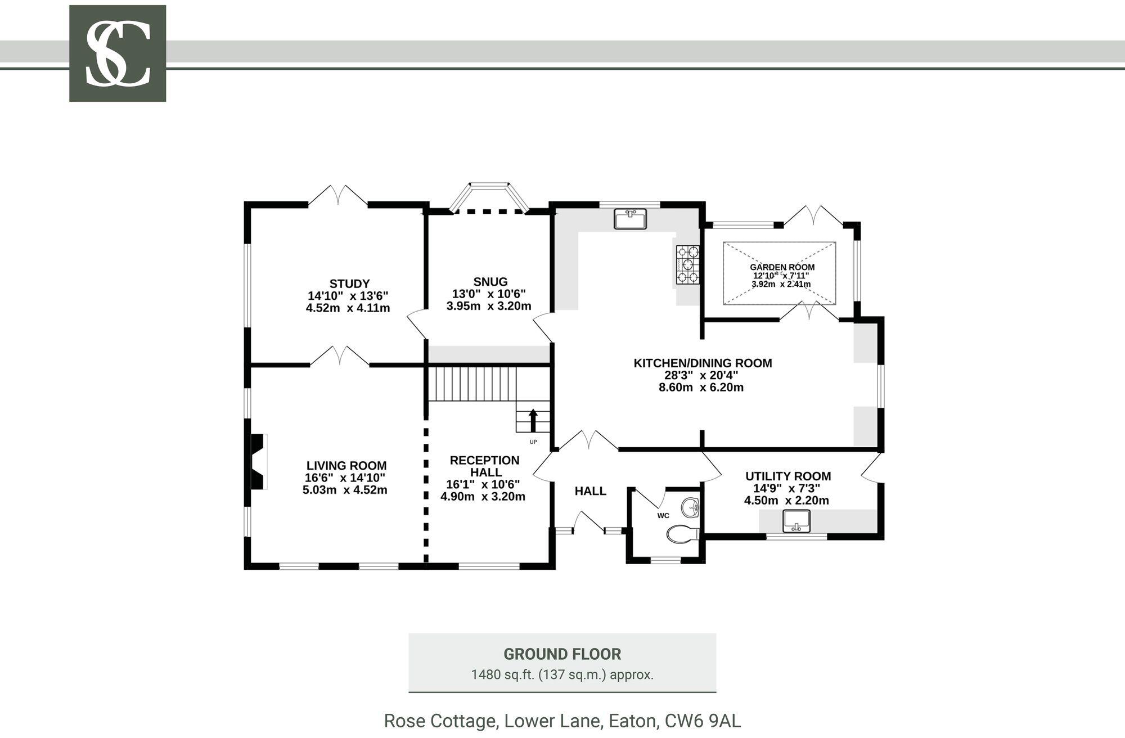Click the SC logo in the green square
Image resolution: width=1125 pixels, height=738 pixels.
[x=118, y=53]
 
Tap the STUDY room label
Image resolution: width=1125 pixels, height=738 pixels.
[x=349, y=283]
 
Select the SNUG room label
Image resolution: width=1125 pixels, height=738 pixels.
[x=490, y=282]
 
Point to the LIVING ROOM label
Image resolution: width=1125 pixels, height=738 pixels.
[x=346, y=466]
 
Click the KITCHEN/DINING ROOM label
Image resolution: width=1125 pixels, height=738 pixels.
[x=703, y=363]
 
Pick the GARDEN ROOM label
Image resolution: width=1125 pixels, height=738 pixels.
[x=782, y=268]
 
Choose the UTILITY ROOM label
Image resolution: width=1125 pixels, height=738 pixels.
[x=788, y=476]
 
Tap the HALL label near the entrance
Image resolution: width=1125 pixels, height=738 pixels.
[x=590, y=491]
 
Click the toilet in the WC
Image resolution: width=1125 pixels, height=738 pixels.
[x=682, y=533]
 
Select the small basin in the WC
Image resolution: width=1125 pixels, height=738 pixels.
[x=690, y=507]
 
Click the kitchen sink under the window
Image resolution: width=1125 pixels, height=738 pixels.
[x=631, y=219]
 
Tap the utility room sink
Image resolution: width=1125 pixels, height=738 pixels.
[x=796, y=521]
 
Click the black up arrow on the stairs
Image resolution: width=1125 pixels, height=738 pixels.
[x=533, y=420]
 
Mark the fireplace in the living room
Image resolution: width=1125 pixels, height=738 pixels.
[x=257, y=462]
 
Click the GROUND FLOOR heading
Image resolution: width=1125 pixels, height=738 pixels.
[x=562, y=654]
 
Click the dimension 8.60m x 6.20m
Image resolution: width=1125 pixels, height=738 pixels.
[x=701, y=388]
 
